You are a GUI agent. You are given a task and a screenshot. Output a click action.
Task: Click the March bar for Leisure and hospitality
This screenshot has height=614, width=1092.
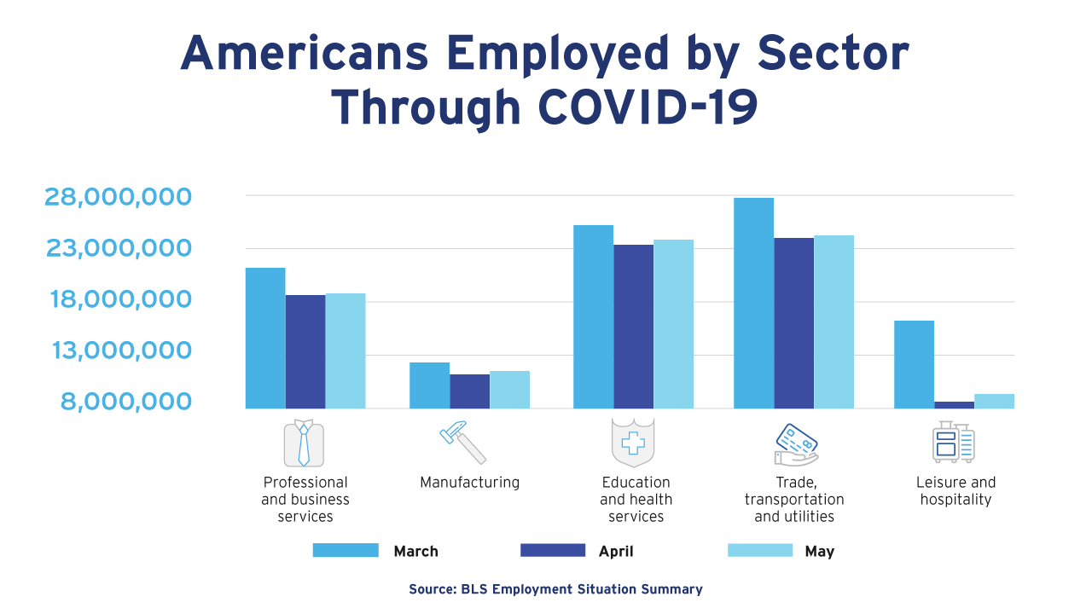click(914, 364)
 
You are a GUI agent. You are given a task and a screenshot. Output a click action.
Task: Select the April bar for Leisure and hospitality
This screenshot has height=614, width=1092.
click(954, 404)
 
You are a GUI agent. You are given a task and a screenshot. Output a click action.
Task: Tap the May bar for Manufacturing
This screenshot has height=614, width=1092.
click(509, 390)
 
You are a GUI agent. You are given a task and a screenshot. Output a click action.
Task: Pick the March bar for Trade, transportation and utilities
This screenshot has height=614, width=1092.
click(753, 303)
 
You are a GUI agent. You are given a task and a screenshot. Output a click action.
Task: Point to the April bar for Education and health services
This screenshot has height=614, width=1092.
click(633, 327)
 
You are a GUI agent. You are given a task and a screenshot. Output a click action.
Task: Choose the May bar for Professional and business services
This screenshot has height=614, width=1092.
click(346, 350)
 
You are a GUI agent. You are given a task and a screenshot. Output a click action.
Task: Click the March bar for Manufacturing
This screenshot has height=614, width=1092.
click(429, 385)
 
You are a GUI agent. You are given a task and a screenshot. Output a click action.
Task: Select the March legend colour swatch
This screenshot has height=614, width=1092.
click(346, 550)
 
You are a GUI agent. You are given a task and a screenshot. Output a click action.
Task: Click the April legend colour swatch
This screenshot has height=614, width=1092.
click(553, 550)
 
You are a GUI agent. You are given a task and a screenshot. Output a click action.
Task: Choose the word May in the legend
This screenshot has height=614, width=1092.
click(819, 552)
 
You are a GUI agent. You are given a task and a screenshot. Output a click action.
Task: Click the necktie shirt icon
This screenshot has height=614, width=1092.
click(304, 443)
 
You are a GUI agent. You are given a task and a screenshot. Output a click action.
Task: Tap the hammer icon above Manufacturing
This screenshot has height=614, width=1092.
click(462, 442)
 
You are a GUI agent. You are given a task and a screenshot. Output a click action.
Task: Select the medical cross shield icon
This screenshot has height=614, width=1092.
click(633, 443)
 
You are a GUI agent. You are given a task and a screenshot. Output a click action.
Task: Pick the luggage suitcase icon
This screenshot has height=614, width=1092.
click(953, 442)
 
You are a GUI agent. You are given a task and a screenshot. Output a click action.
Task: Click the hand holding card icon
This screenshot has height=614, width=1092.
click(795, 444)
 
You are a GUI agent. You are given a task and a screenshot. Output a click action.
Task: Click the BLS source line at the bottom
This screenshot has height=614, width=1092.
click(555, 589)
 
